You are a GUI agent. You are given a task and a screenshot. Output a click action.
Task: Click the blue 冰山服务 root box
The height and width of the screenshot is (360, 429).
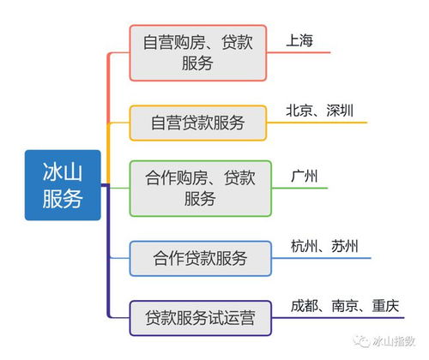click(x=63, y=185)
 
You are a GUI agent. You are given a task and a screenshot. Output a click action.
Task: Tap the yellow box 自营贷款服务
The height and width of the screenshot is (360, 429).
click(x=197, y=123)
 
